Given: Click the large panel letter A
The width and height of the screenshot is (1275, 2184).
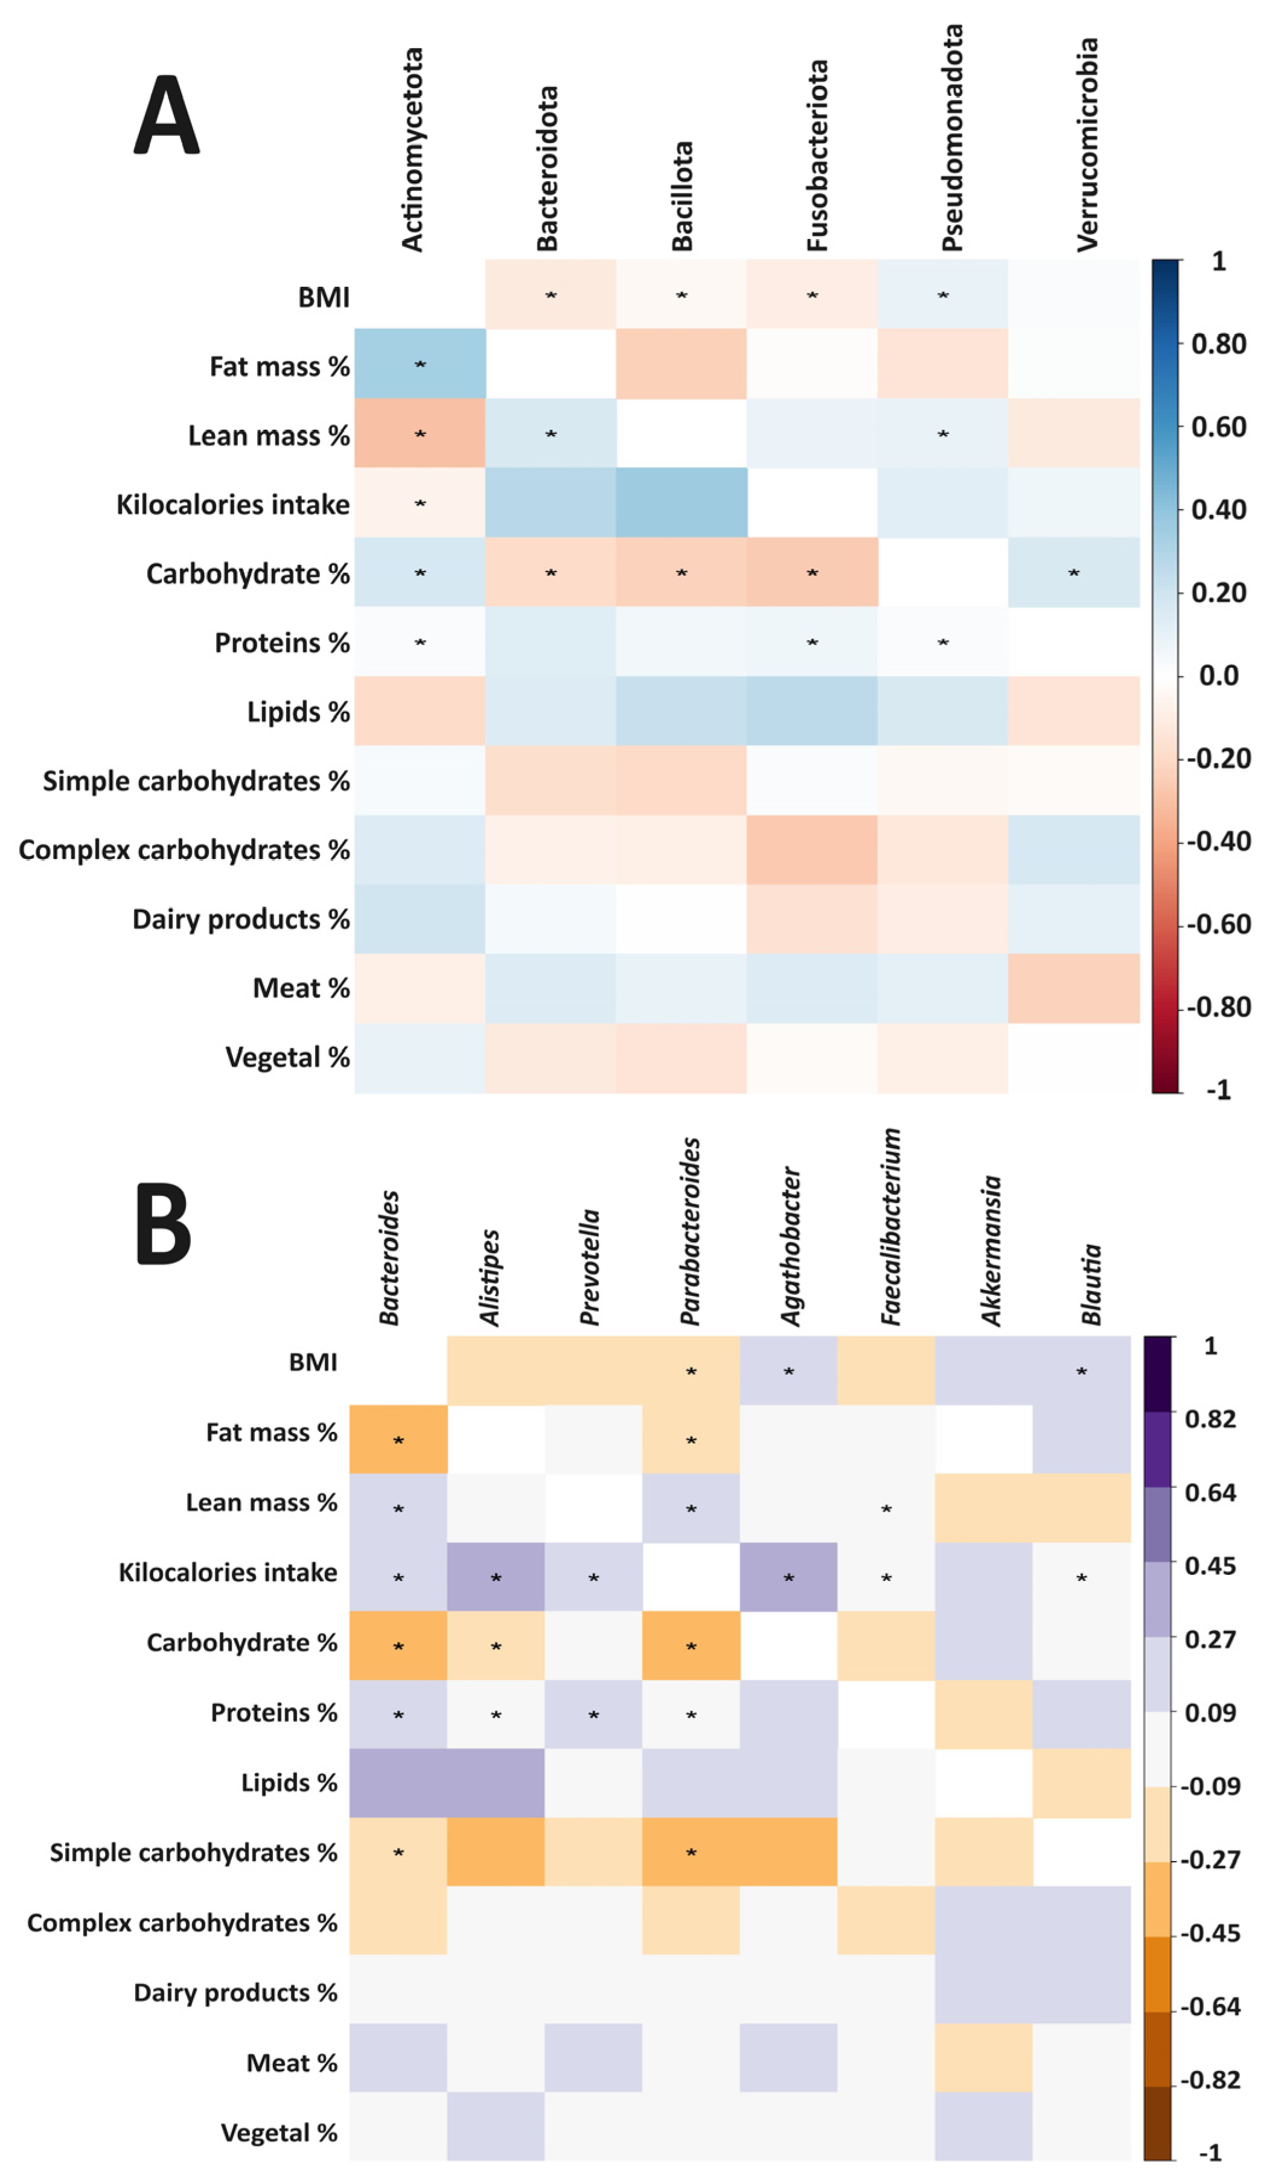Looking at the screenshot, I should click(x=167, y=115).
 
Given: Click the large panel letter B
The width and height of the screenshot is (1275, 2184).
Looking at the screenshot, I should click(x=163, y=1224).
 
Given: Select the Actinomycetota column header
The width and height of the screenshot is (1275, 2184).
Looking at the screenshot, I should click(x=412, y=149).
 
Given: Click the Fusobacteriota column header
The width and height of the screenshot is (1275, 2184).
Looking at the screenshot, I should click(x=816, y=156).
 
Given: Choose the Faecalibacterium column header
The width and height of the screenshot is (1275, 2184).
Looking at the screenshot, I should click(x=891, y=1227).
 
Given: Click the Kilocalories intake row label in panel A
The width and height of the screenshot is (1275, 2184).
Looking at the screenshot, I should click(x=232, y=505).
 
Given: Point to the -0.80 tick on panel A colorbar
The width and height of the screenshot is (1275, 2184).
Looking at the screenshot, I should click(x=1218, y=1007).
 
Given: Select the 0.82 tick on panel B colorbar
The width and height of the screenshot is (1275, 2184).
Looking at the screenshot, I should click(x=1210, y=1419).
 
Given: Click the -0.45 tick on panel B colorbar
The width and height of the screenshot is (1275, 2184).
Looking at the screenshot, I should click(x=1210, y=1933).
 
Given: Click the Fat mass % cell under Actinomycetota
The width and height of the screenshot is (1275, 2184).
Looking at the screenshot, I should click(x=420, y=363).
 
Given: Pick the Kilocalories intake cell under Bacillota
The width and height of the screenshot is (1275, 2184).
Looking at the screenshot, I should click(x=682, y=503).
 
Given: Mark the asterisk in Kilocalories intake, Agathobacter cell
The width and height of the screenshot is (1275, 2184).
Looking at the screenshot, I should click(x=789, y=1578).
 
